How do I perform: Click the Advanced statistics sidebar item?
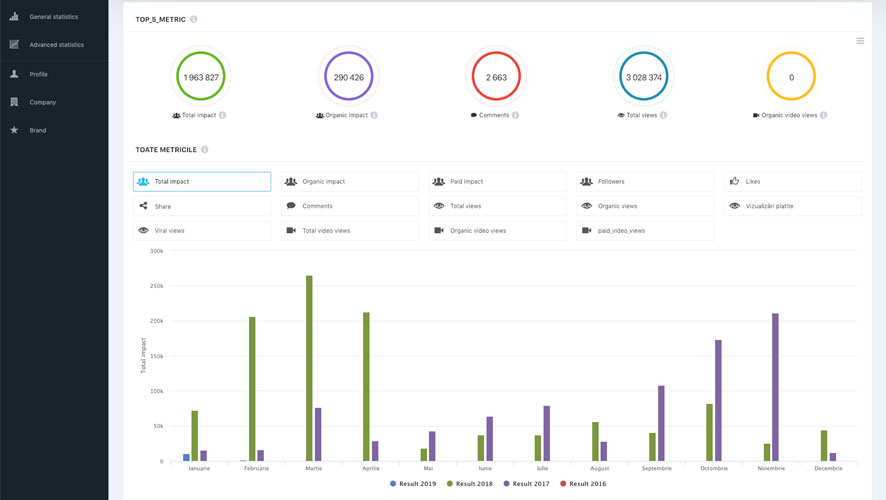[56, 45]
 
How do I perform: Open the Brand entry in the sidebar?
[37, 130]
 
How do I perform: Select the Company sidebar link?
[42, 102]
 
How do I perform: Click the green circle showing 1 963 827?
[201, 77]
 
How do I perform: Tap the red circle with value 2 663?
[496, 77]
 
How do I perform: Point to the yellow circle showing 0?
[791, 77]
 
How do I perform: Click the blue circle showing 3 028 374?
[643, 77]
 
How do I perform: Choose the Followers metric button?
[645, 182]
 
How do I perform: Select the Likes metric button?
[792, 182]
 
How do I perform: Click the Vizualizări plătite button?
[792, 206]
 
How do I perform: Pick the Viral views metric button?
[202, 231]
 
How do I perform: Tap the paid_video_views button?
[645, 231]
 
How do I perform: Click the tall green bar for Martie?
[309, 368]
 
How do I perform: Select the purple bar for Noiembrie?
[775, 387]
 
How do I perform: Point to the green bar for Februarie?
[252, 389]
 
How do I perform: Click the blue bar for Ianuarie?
[186, 458]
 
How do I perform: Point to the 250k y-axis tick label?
[155, 286]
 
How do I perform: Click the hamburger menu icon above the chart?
[860, 41]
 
